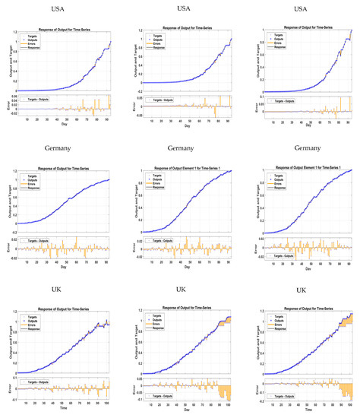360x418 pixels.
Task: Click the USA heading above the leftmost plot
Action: (x=58, y=8)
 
